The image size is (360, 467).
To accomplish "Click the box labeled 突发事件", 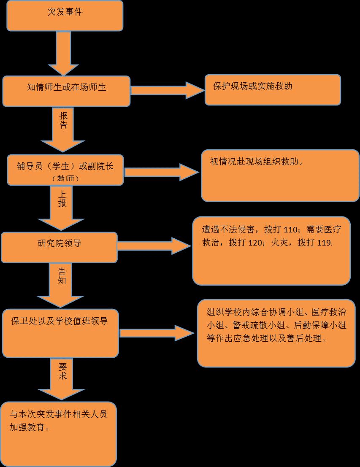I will (x=65, y=16).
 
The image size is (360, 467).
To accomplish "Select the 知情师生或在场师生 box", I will (x=66, y=91).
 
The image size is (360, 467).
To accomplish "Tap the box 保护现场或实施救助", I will (x=273, y=89).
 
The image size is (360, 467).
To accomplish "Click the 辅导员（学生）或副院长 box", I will (x=65, y=170).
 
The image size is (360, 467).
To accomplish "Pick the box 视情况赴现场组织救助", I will (x=280, y=175).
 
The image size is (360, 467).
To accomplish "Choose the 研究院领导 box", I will (x=59, y=247).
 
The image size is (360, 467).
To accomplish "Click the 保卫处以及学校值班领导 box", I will (x=60, y=333).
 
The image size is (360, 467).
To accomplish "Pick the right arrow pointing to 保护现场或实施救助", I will (x=167, y=90).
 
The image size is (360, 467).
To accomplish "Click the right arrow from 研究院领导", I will (x=154, y=246).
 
